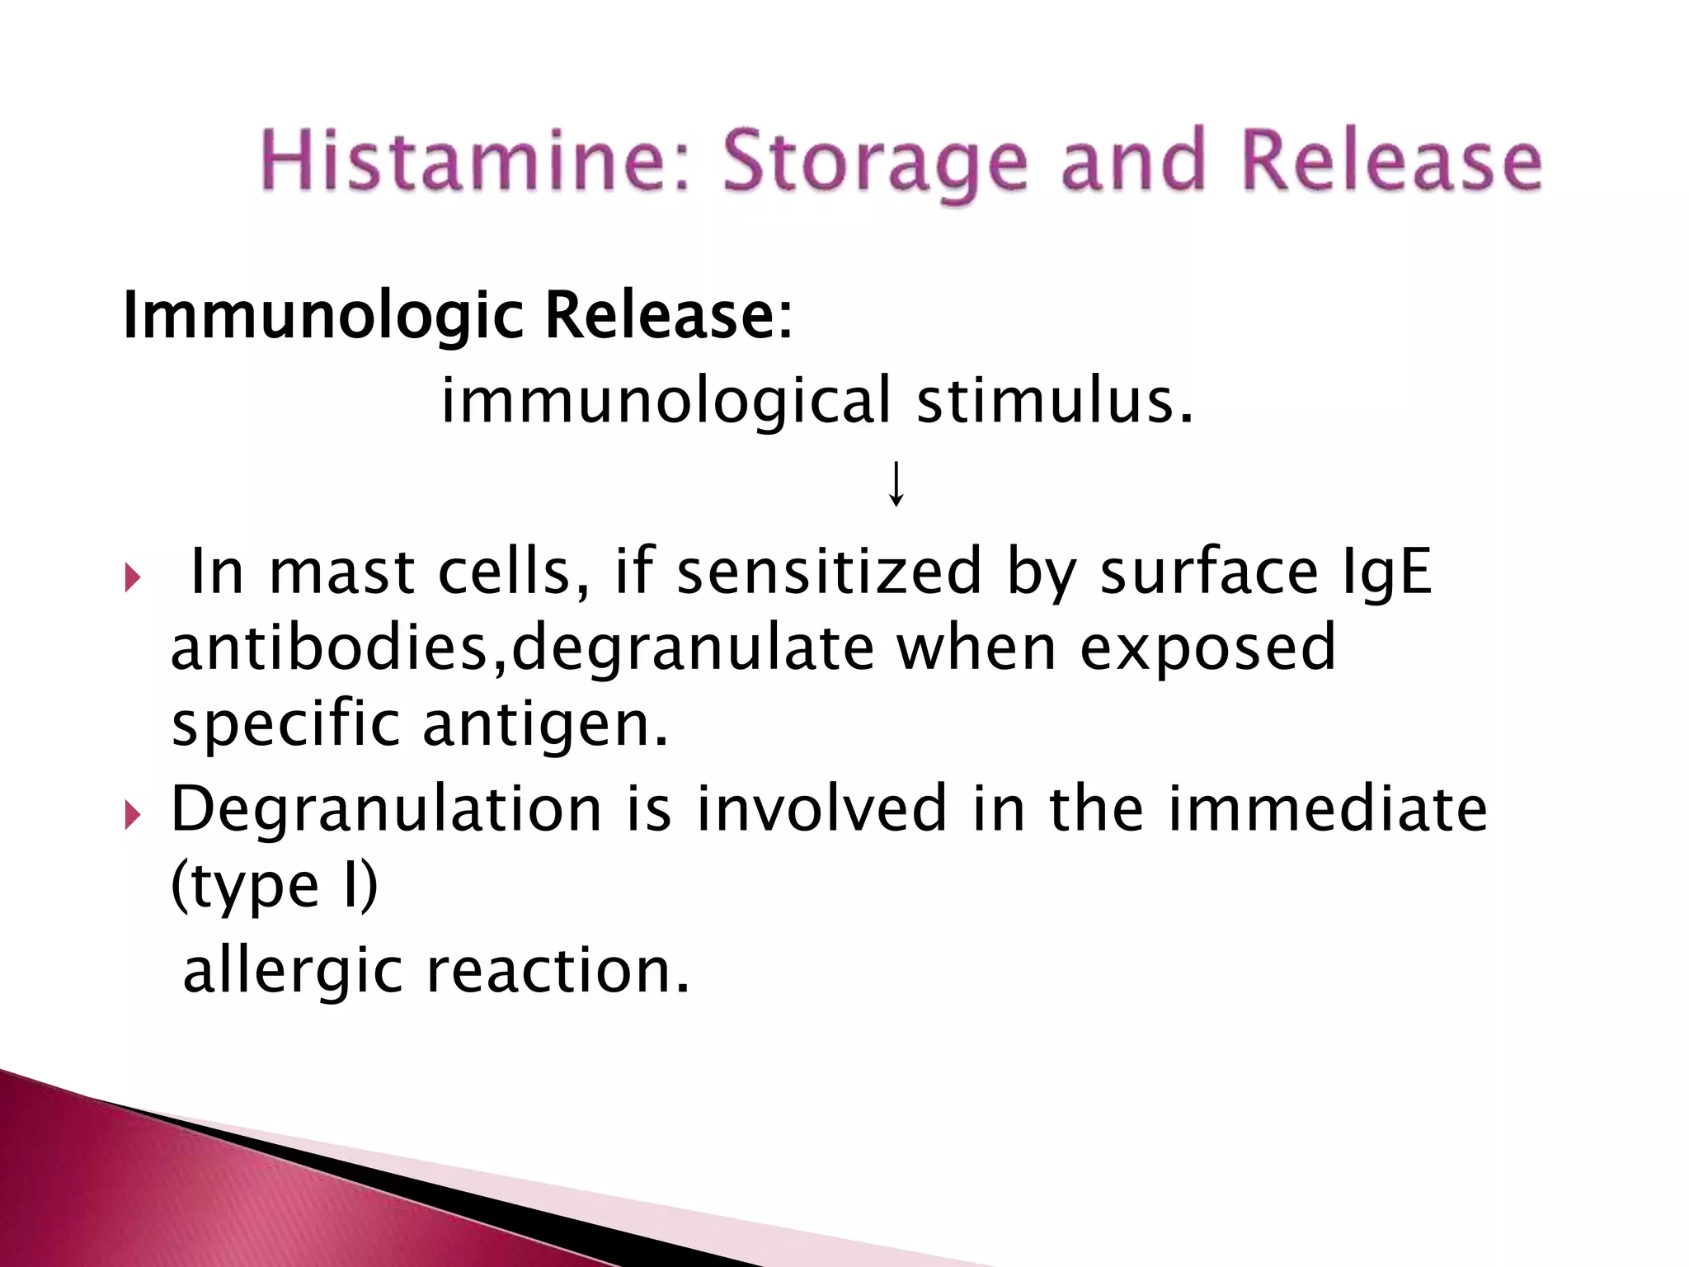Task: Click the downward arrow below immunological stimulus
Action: click(x=896, y=484)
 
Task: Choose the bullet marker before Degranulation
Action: click(x=133, y=816)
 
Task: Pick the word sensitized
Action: click(x=830, y=571)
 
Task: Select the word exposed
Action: click(x=1208, y=648)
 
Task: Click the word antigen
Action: click(x=545, y=724)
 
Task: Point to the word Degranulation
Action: click(x=386, y=810)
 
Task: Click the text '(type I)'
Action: click(x=275, y=886)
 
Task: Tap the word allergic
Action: click(x=293, y=972)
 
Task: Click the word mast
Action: click(x=341, y=571)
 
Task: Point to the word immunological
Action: click(x=666, y=400)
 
